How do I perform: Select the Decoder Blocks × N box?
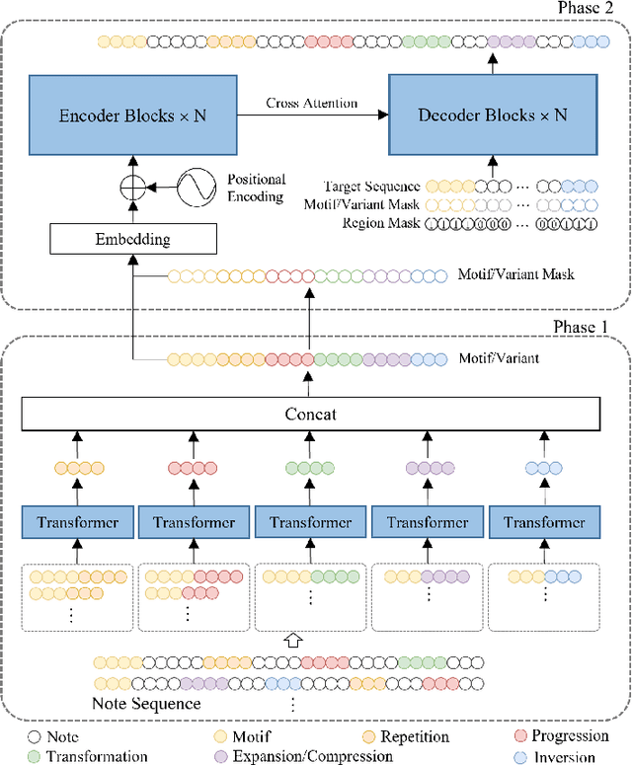coord(491,114)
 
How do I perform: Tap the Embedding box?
coord(132,239)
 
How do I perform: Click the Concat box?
coord(310,414)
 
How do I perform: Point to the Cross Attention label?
coord(312,103)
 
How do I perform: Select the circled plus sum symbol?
coord(132,187)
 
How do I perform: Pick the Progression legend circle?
coord(518,736)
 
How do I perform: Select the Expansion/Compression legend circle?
coord(220,757)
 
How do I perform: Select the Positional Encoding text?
coord(256,188)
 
